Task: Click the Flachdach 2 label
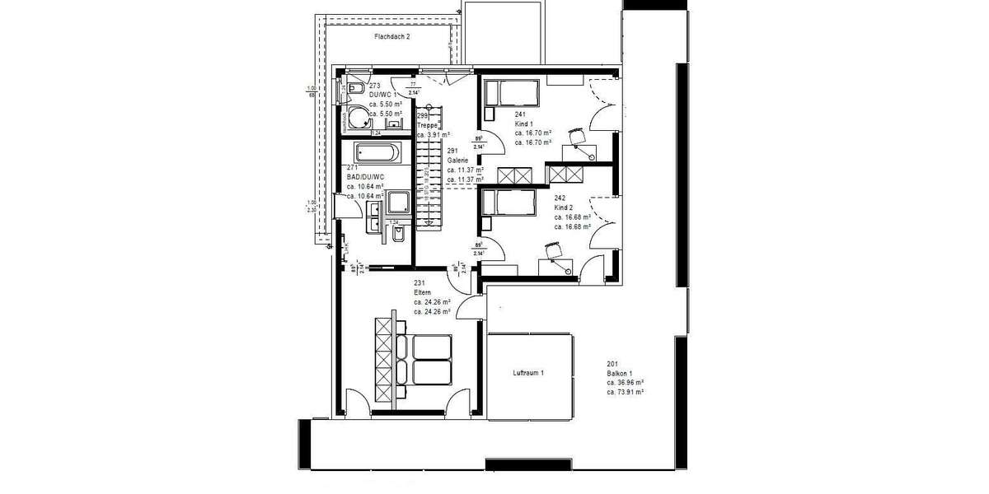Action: [x=391, y=37]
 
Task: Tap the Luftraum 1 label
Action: [x=528, y=373]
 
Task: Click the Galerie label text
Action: [x=458, y=161]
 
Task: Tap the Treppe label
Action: [x=427, y=126]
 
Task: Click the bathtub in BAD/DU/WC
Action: [x=377, y=152]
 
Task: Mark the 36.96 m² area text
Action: [x=625, y=383]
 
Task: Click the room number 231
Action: [x=420, y=282]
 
